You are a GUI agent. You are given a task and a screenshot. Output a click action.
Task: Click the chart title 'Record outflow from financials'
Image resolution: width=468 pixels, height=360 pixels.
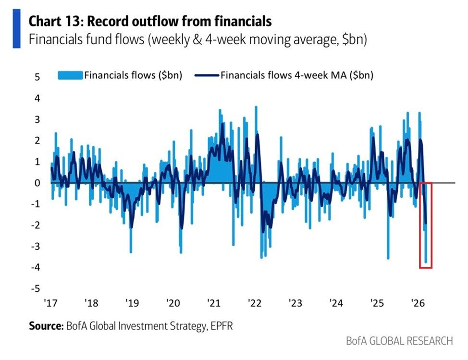(150, 21)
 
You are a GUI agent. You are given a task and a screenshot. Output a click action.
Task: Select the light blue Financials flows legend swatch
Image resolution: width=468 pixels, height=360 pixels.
(70, 75)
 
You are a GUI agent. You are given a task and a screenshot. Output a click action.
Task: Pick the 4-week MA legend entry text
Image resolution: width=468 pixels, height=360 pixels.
(296, 75)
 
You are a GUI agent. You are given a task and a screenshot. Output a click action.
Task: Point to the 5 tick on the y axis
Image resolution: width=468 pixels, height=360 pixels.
(37, 77)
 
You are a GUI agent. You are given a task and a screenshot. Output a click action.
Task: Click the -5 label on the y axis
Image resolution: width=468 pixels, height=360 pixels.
(35, 288)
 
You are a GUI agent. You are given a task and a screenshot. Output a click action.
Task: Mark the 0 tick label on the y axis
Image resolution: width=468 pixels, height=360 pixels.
(37, 183)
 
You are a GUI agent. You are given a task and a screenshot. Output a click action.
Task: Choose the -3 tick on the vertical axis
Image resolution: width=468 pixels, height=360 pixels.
(35, 246)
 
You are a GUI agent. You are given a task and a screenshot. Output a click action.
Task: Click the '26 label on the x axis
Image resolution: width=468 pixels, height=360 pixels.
(417, 303)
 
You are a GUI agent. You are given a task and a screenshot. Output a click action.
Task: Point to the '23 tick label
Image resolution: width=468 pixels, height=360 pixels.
(295, 303)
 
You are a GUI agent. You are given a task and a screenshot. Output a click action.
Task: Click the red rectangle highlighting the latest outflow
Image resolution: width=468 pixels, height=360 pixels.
(426, 225)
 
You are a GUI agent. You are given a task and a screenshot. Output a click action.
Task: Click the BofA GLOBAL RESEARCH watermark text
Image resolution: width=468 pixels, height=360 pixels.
(399, 341)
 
